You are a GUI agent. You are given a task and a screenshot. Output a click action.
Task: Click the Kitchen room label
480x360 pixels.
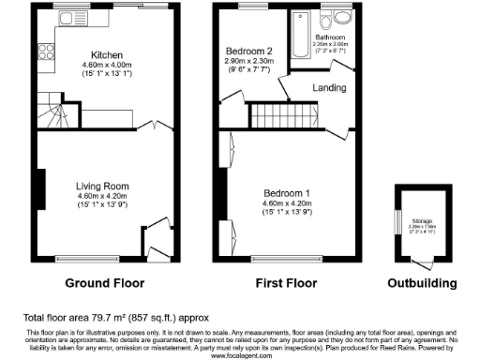(101, 54)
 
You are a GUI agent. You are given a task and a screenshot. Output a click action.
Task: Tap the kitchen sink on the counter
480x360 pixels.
(67, 16)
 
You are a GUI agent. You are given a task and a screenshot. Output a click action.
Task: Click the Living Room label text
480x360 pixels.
(102, 186)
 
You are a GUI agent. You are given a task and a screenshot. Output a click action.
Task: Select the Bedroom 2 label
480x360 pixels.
(248, 51)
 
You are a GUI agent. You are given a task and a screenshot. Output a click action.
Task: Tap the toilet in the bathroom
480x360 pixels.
(327, 22)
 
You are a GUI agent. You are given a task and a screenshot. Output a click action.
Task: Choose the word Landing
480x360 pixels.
(329, 88)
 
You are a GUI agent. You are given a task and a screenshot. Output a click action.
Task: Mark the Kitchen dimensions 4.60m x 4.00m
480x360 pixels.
(101, 65)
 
